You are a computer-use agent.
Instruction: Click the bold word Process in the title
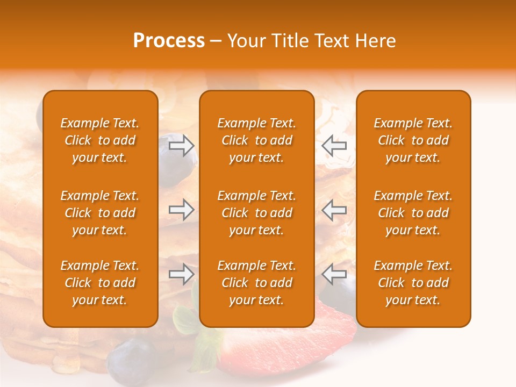[169, 41]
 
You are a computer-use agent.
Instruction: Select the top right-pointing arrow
[182, 146]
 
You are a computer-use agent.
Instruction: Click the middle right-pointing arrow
[182, 210]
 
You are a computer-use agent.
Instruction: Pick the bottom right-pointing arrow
[182, 274]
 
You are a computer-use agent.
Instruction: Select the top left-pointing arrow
[334, 146]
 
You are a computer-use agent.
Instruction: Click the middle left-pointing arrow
[334, 210]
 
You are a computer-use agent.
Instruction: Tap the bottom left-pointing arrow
[334, 274]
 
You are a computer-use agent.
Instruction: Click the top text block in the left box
[100, 140]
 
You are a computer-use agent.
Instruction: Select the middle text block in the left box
[100, 213]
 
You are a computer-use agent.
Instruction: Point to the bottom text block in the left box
[100, 283]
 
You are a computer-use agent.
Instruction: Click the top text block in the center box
[257, 140]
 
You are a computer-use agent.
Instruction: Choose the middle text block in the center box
[257, 213]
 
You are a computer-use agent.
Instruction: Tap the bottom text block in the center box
[257, 283]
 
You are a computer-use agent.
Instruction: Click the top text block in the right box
[413, 140]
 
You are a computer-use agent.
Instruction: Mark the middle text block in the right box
[413, 213]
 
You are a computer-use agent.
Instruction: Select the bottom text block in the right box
[413, 283]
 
